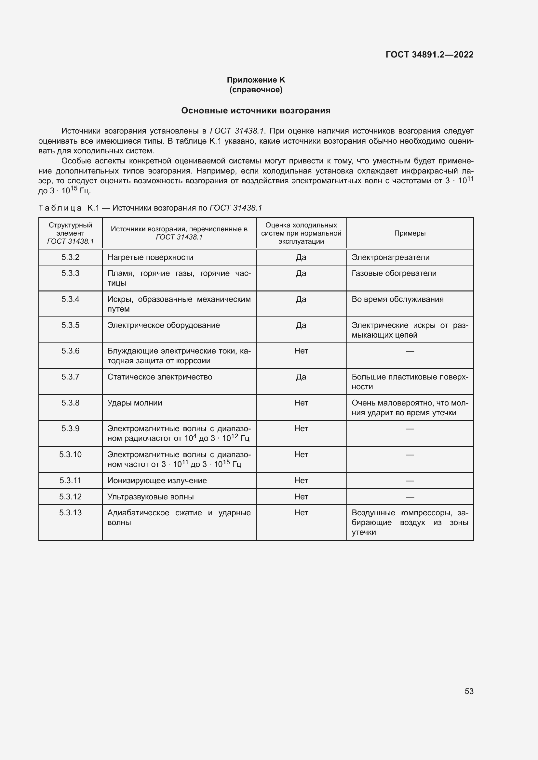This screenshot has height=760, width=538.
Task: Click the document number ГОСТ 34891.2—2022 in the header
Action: (429, 55)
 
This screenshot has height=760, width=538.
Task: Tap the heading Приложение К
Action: (256, 80)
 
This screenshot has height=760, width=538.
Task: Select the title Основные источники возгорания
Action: (256, 110)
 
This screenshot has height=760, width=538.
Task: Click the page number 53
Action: (469, 691)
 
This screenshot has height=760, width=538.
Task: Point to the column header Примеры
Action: (410, 233)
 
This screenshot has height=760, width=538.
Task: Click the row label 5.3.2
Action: (70, 257)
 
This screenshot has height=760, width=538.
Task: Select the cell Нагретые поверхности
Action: (150, 257)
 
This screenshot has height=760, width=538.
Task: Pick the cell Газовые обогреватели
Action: (394, 273)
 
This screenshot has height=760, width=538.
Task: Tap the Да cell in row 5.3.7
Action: (301, 377)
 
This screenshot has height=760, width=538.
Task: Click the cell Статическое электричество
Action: (160, 377)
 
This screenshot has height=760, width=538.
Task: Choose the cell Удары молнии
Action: (135, 403)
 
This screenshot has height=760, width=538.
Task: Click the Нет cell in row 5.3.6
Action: (301, 351)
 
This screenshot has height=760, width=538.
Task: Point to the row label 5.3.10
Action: (70, 455)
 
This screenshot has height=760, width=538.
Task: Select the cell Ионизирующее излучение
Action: (157, 480)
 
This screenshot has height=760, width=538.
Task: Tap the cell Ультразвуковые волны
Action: (150, 496)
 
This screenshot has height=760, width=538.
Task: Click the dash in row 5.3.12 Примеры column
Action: (410, 496)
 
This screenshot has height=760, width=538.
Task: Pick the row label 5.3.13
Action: (70, 512)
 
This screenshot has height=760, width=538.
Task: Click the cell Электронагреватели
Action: (390, 257)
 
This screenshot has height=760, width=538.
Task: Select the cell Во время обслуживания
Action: (397, 299)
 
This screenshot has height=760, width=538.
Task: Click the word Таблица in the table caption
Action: (60, 208)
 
